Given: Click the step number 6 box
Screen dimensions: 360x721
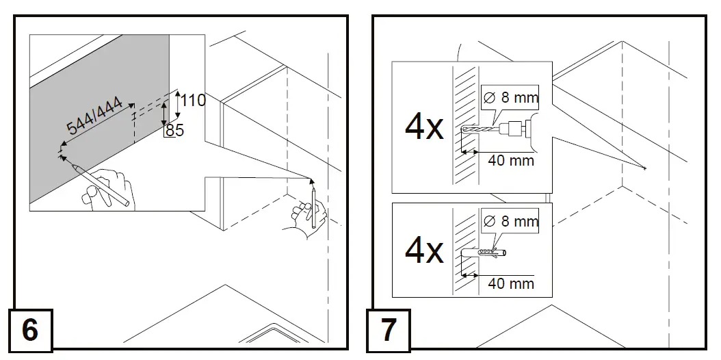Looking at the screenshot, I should pos(29,330).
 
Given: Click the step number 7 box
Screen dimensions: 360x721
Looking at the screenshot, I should pos(389,330).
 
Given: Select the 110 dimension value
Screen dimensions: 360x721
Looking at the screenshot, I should pos(193,101).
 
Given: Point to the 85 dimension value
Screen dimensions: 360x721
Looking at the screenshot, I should pos(175,130).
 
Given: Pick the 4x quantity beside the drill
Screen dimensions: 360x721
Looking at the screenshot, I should pos(424,128).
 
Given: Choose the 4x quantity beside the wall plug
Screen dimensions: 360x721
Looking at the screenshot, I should pos(424,251).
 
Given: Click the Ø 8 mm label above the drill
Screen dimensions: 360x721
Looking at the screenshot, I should pos(510,98).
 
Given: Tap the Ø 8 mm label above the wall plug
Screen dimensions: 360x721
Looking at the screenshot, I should pos(510,221).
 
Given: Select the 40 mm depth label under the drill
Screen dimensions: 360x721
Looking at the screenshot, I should pos(510,161).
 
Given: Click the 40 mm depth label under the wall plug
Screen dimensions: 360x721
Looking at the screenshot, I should pos(510,283).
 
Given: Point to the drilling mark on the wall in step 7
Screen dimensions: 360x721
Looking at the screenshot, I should pos(644,168).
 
